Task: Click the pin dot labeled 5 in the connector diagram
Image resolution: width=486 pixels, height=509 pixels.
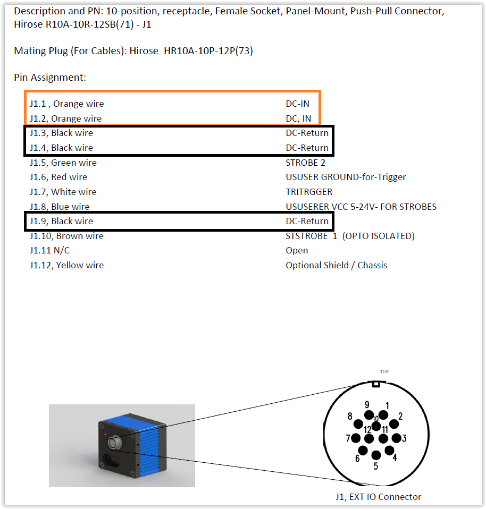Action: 376,455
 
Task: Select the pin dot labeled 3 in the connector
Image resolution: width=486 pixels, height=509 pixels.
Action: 396,438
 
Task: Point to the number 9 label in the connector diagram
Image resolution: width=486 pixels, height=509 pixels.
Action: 367,405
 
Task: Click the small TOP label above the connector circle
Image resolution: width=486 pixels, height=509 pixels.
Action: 384,371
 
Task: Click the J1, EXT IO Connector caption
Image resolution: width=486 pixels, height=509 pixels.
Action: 378,497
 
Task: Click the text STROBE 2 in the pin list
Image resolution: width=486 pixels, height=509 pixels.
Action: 305,163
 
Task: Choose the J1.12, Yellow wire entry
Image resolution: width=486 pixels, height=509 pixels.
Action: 66,265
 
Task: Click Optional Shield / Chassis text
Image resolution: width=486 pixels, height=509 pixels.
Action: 336,265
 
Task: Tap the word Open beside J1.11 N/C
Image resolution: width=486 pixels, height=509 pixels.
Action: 297,250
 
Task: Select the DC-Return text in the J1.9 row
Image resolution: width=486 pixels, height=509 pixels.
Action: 307,221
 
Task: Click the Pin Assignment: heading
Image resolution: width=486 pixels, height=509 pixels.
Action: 50,78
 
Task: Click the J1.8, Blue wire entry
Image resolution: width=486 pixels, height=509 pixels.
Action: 60,207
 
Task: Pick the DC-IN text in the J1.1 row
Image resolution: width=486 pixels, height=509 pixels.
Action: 297,104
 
